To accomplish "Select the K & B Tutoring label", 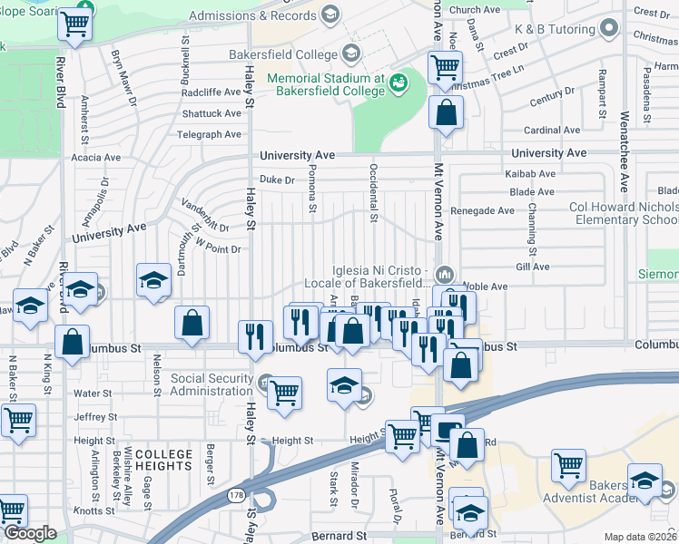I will click(554, 29).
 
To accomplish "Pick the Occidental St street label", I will click(373, 192).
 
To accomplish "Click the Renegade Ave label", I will click(487, 210).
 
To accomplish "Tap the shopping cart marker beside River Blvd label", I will click(74, 26).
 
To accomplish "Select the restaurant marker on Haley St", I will click(256, 335).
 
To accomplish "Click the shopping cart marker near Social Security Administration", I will click(285, 393).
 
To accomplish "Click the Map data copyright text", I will click(639, 537).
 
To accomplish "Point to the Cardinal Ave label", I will click(552, 131).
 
